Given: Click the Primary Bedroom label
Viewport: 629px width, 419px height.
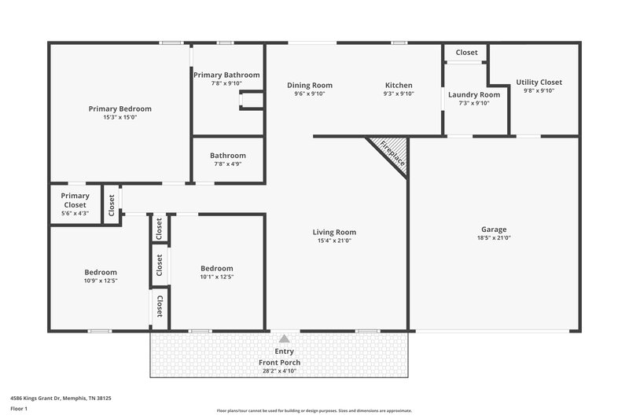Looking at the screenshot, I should point(120,108).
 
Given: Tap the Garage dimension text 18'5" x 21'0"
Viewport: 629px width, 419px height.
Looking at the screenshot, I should point(494,238).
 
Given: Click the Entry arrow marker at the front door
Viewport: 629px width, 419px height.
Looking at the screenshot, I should point(284,336).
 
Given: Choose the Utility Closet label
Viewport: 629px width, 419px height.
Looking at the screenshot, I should point(539,82).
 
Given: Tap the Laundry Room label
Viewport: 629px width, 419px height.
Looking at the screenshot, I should point(469,94).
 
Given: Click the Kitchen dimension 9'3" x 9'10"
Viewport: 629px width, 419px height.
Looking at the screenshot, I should point(399,94).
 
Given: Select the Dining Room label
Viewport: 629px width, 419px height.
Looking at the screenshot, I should point(309,85).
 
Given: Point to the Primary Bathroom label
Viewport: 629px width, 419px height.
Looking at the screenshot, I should point(226,75).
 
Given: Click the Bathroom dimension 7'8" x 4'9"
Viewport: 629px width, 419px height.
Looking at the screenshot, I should point(227,164).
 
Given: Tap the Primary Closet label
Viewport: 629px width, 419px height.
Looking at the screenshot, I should point(75,200).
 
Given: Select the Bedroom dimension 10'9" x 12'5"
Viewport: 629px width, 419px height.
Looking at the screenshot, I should point(101,281).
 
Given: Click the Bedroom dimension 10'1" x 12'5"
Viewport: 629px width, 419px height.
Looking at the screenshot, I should point(216,277).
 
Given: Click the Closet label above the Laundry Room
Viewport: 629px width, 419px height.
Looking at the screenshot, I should point(466,53).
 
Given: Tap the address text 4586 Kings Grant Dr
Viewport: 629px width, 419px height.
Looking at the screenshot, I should point(61,399).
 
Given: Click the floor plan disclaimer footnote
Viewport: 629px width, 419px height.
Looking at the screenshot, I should point(314,410).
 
